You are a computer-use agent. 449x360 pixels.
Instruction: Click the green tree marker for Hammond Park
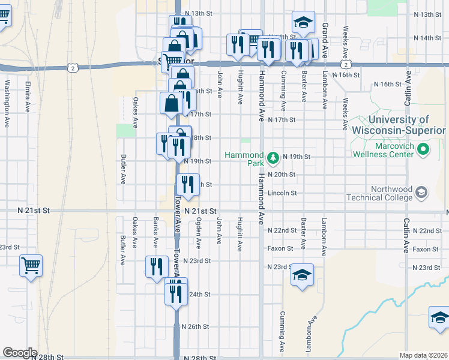[273, 158]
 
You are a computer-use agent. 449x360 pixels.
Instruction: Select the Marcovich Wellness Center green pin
[423, 148]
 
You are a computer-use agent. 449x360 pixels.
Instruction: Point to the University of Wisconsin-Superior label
[399, 125]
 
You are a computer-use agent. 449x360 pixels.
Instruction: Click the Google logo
[19, 353]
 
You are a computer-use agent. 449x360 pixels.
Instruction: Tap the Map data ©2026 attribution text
[424, 355]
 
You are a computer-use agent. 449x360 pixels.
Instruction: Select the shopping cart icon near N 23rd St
[31, 265]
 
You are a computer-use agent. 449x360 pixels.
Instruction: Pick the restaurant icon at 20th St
[188, 185]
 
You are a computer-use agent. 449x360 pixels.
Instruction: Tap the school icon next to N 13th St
[303, 22]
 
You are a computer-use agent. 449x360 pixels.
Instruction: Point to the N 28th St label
[49, 356]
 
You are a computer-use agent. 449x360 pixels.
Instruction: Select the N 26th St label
[196, 327]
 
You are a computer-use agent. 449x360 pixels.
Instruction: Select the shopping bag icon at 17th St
[171, 103]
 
